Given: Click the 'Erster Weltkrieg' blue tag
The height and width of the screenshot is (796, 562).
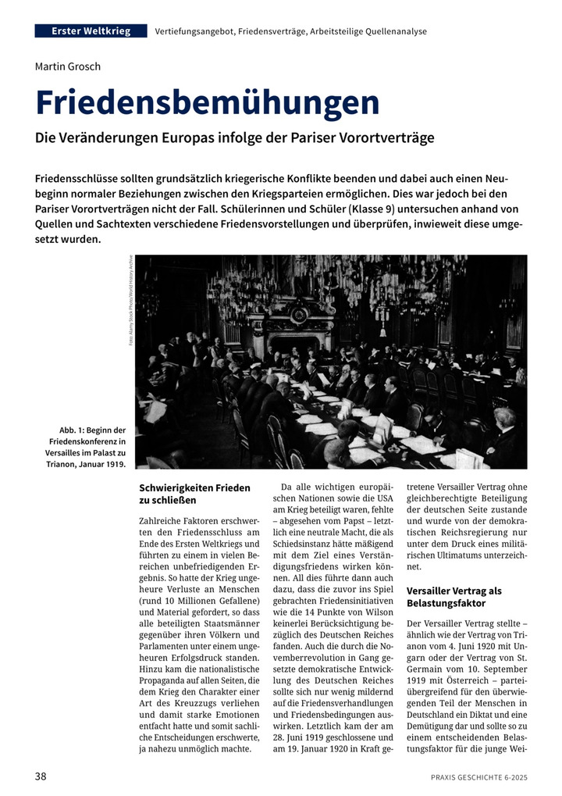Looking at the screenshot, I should [x=91, y=31].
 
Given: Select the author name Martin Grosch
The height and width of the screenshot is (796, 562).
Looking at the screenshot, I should [x=68, y=66].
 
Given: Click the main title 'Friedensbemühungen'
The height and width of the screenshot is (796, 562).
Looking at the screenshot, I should [x=208, y=103].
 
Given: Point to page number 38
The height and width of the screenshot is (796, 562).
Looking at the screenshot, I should [x=41, y=776].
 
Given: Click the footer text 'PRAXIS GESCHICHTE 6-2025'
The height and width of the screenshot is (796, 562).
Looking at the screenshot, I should [x=478, y=777].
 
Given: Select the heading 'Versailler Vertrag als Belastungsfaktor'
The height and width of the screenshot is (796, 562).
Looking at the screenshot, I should [x=453, y=598].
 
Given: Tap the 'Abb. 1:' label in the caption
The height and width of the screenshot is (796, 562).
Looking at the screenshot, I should [x=75, y=430].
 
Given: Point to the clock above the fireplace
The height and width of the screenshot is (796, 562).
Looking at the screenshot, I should [x=300, y=315].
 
